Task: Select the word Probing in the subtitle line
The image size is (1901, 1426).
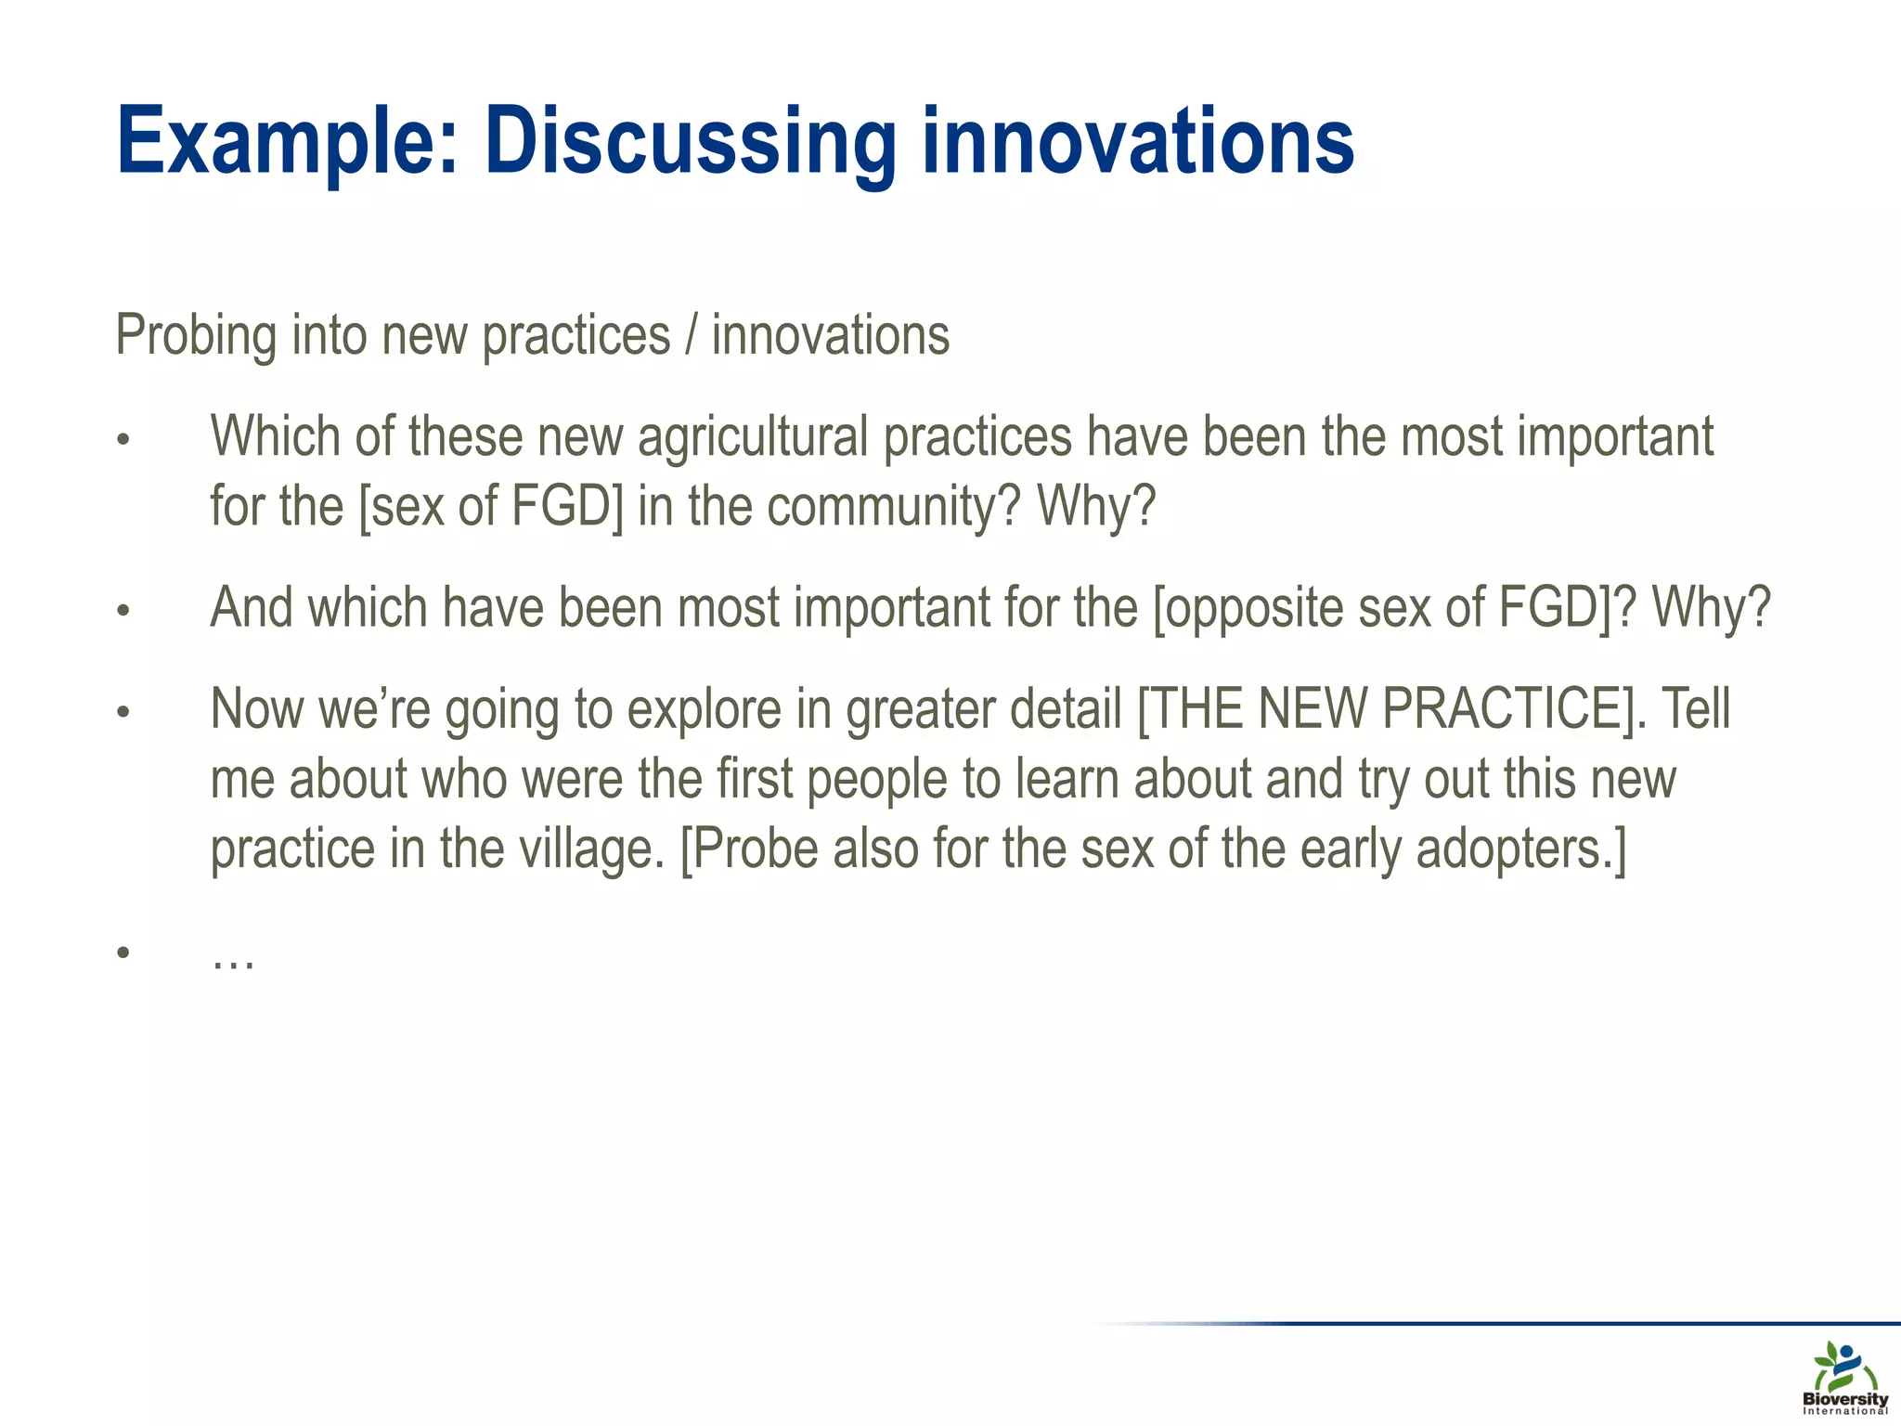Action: coord(195,336)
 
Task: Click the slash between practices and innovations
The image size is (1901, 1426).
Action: coord(691,336)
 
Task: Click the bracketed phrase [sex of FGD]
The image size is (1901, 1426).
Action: coord(491,507)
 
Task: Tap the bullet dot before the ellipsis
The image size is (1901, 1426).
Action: coord(123,953)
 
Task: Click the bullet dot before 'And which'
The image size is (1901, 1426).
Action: coord(123,611)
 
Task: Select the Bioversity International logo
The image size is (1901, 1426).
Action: coord(1844,1378)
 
